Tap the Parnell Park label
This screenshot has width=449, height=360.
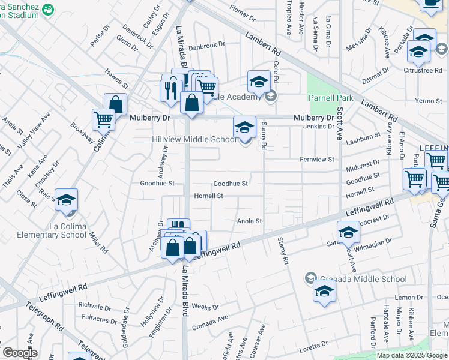tap(330, 98)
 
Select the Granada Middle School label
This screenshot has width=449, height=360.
tap(363, 279)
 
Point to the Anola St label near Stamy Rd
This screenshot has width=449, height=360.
tap(249, 221)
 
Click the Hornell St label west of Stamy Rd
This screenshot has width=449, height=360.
tap(208, 196)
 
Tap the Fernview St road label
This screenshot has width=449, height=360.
tap(317, 160)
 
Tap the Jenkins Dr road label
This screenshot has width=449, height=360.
tap(318, 127)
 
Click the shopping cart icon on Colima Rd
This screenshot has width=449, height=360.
tap(103, 119)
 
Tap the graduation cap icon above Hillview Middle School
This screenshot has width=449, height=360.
tap(244, 127)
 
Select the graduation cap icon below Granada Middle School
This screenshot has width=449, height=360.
tap(324, 292)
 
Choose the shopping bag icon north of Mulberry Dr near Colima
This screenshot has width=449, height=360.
tap(115, 104)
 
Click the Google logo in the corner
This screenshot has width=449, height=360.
tap(20, 353)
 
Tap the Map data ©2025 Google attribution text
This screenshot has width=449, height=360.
tap(412, 355)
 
